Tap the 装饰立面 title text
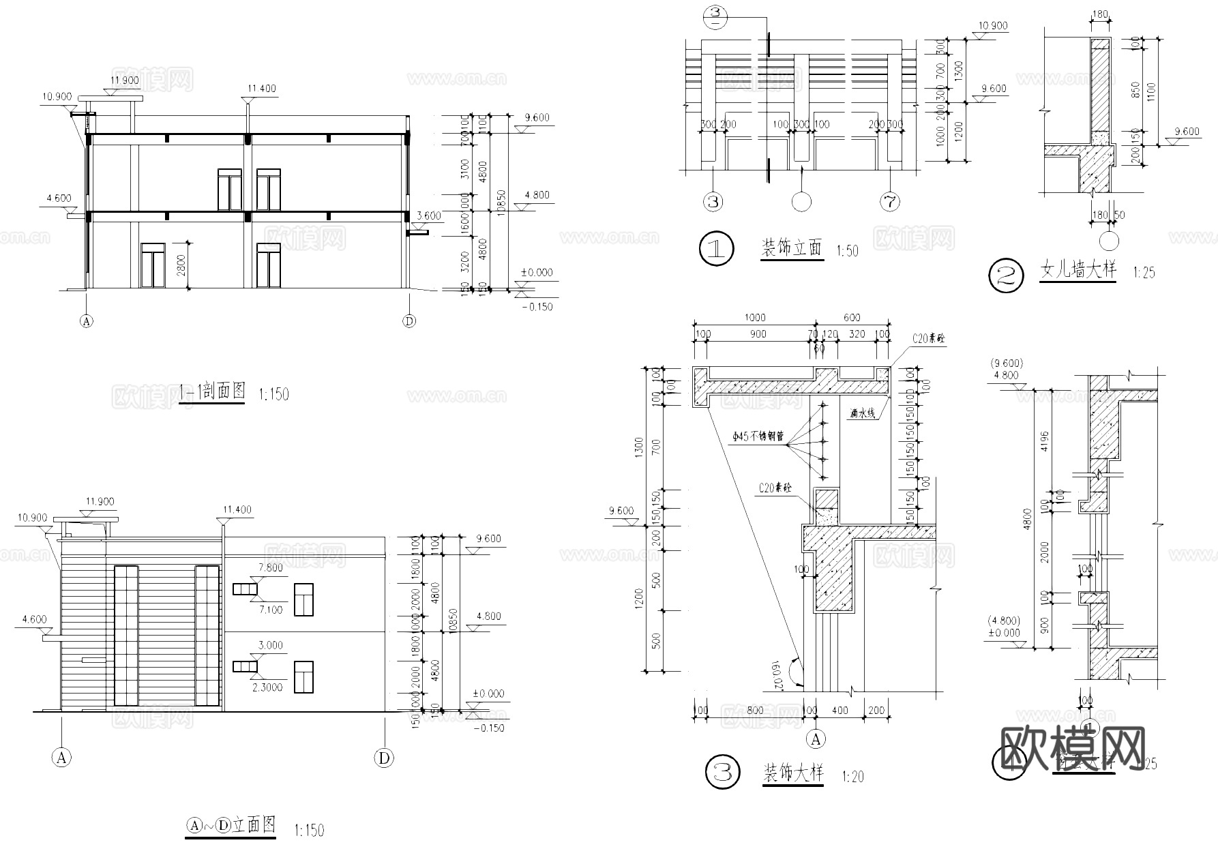pos(791,248)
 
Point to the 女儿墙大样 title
pos(1078,271)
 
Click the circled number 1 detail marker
pos(717,250)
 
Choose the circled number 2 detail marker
pos(1007,275)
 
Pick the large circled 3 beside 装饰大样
pos(722,773)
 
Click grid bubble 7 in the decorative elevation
pos(890,202)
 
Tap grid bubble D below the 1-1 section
pos(409,321)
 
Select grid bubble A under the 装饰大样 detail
pos(816,739)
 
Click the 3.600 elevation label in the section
pos(428,216)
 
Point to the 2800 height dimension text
pos(180,265)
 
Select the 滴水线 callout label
pos(863,413)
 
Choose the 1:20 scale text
pos(852,777)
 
